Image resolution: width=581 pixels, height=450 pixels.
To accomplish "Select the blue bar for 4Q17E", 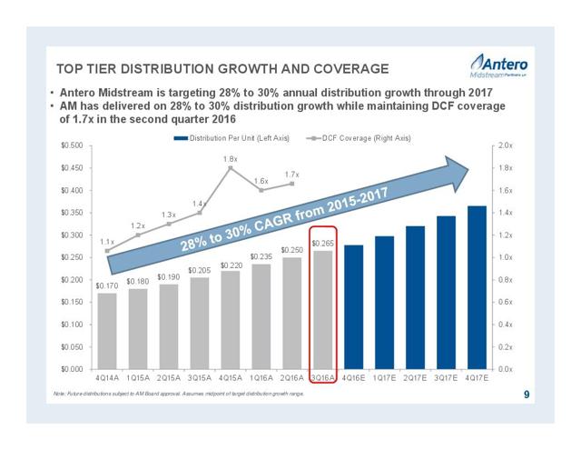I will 476,286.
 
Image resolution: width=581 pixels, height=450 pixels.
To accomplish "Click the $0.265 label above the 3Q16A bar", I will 322,244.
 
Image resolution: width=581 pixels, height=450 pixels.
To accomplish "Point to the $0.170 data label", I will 107,285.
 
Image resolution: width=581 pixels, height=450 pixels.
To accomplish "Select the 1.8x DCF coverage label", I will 231,159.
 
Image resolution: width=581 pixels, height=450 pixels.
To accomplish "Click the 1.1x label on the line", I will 107,241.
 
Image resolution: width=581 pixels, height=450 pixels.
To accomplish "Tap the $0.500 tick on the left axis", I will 70,145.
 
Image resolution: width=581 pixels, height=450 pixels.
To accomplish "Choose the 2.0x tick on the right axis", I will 506,145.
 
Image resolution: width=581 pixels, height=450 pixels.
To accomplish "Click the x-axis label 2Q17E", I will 415,377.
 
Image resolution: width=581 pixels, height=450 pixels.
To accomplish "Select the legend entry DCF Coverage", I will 359,137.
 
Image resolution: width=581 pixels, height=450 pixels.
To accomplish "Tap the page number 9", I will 527,395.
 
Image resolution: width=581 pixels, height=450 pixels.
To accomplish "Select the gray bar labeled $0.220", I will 231,319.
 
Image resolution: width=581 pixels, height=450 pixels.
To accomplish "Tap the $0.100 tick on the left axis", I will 70,324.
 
